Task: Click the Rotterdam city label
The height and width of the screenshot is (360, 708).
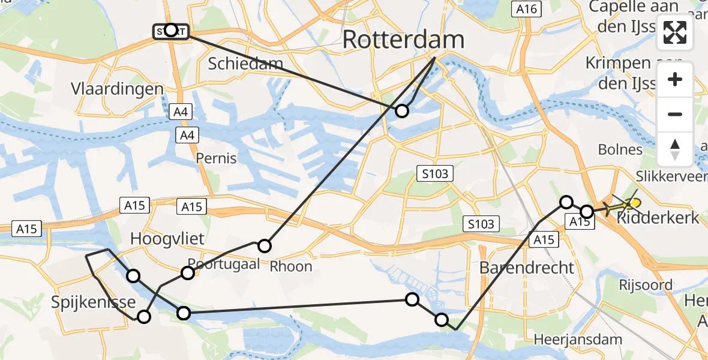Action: tap(403, 40)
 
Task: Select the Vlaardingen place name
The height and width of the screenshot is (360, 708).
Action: tap(117, 89)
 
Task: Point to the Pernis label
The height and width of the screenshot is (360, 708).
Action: tap(216, 158)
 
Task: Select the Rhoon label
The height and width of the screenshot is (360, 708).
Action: tap(291, 266)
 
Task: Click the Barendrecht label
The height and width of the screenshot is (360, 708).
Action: tap(527, 267)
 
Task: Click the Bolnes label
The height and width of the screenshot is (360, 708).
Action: tap(620, 149)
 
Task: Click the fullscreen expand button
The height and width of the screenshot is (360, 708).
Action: tap(675, 32)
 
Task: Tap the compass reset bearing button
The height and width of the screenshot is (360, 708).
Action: tap(675, 149)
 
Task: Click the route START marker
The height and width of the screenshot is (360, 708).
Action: tap(171, 31)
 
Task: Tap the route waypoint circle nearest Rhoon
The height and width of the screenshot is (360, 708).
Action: tap(265, 245)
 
